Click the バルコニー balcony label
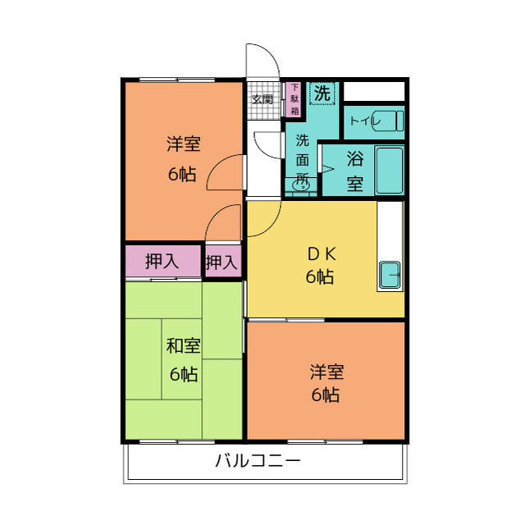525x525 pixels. [x=258, y=460]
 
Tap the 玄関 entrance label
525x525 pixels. [x=262, y=99]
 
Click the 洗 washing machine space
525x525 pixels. [x=324, y=94]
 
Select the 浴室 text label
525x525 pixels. [x=354, y=171]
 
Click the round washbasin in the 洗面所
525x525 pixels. [x=301, y=187]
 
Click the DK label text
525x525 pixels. [x=319, y=253]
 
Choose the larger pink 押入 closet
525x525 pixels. [x=162, y=262]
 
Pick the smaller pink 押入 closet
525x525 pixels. [x=222, y=262]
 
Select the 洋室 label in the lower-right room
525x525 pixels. [x=326, y=371]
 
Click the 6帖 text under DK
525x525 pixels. [x=320, y=277]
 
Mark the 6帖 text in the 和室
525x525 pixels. [x=184, y=374]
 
